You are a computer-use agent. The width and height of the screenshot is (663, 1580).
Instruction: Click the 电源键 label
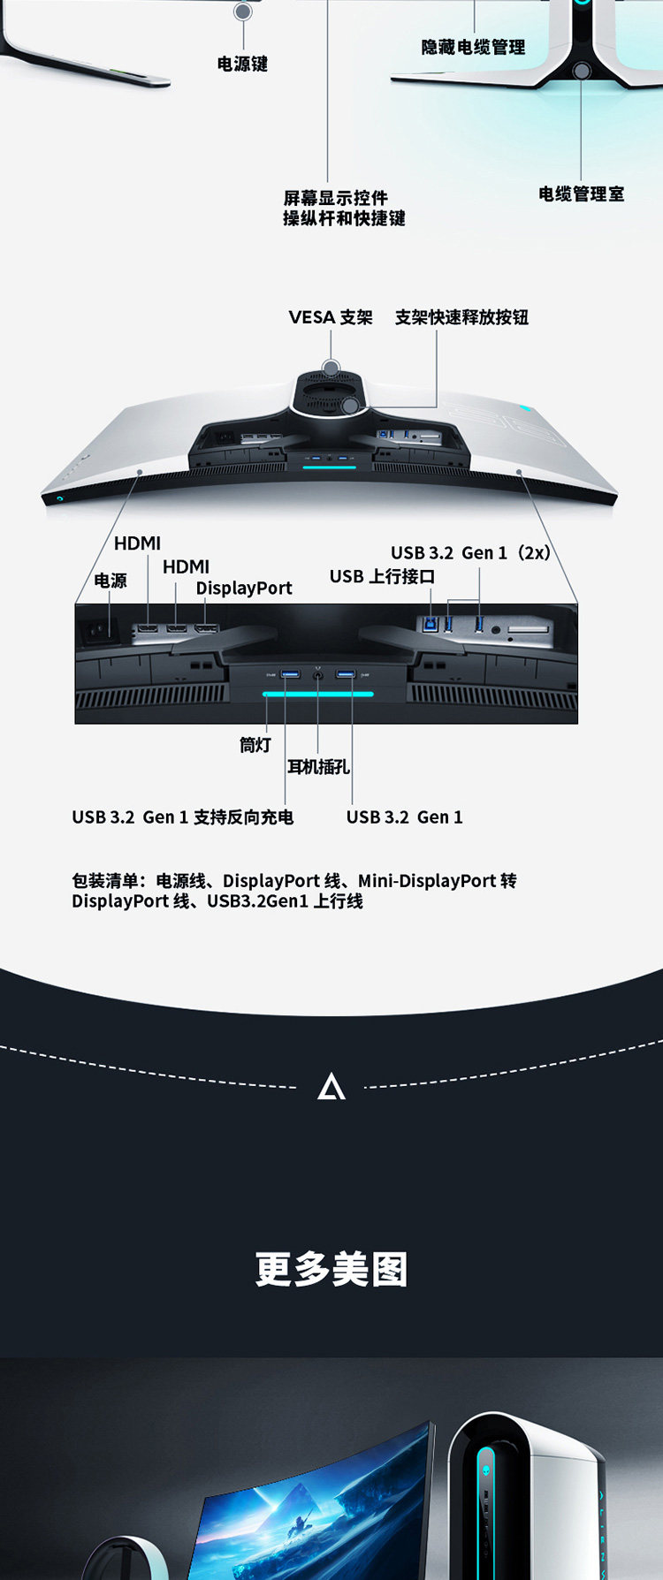[x=242, y=64]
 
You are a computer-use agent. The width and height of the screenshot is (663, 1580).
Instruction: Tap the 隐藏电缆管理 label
[x=473, y=47]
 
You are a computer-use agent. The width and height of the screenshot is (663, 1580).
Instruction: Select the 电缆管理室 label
[x=581, y=194]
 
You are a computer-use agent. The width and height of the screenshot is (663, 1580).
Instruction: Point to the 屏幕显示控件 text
[x=335, y=197]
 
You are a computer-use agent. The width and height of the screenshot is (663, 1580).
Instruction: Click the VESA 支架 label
[x=331, y=317]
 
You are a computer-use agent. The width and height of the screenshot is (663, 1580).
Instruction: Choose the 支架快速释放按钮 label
[x=461, y=317]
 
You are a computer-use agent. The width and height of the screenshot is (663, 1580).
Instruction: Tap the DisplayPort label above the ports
[x=244, y=589]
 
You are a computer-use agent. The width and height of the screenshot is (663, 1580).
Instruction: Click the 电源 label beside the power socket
[x=110, y=581]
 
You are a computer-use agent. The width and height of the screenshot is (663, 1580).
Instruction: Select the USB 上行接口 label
[x=382, y=576]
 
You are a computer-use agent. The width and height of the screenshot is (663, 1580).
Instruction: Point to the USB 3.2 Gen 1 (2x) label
[x=470, y=553]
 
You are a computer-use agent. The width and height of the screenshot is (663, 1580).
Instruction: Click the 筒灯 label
[x=255, y=745]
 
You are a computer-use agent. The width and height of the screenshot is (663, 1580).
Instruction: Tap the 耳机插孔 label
[x=318, y=767]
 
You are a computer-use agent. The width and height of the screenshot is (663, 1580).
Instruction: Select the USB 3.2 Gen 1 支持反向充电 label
[x=182, y=817]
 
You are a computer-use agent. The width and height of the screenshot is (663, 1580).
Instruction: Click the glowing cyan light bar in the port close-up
[x=317, y=695]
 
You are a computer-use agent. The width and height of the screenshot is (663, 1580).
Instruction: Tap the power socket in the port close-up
[x=97, y=630]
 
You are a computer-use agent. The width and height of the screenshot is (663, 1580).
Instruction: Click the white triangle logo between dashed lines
[x=331, y=1087]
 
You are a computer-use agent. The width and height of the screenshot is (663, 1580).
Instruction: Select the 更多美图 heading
[x=331, y=1270]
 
